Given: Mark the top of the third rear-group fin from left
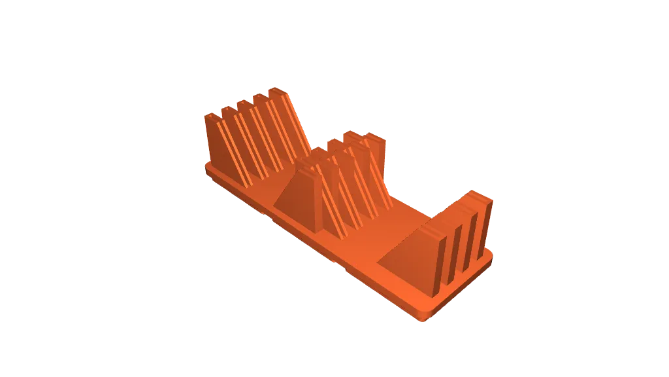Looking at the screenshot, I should pos(245,102).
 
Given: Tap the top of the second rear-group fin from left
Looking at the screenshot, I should pos(228,109).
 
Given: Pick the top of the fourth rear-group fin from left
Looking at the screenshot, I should pos(261,97).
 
